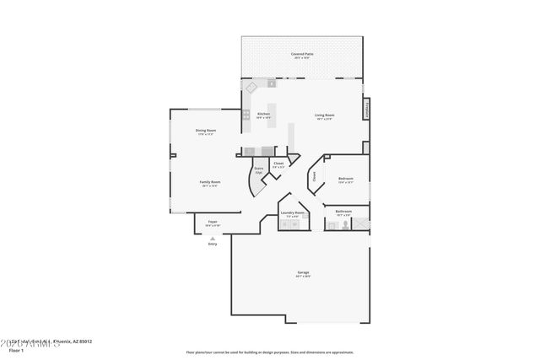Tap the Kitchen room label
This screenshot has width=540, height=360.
(263, 115)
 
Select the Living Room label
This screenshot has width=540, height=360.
(324, 116)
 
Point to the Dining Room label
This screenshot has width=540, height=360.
(206, 132)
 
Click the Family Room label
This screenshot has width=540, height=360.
(209, 183)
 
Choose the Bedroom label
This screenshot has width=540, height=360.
(345, 180)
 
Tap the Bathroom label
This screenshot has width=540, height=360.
(343, 212)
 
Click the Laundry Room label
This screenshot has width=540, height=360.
(293, 214)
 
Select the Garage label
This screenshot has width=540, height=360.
(302, 273)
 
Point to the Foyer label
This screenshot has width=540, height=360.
(213, 223)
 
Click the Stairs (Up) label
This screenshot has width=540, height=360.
(259, 169)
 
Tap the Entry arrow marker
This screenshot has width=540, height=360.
(213, 239)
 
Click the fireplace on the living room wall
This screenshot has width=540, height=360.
(366, 110)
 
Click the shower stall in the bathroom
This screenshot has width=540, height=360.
(360, 223)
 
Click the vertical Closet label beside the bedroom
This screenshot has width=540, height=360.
(315, 176)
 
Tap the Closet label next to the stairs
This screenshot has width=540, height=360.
(278, 164)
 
